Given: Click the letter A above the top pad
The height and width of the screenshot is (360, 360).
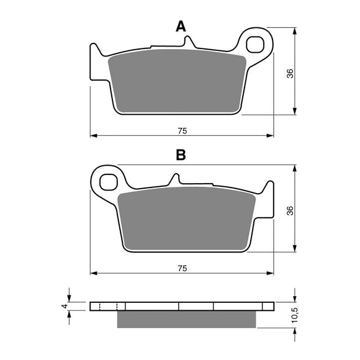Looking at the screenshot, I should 181,26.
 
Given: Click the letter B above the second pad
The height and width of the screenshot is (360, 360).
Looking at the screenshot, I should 181,155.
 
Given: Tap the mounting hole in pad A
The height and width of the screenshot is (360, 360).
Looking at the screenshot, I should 256,45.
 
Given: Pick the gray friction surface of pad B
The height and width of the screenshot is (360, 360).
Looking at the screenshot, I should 186,220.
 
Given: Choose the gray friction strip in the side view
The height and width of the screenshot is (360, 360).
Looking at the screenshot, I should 186,318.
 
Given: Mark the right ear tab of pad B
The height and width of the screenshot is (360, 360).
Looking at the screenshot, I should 268,199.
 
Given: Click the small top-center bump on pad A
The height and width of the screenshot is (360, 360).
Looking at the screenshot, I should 190,42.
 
